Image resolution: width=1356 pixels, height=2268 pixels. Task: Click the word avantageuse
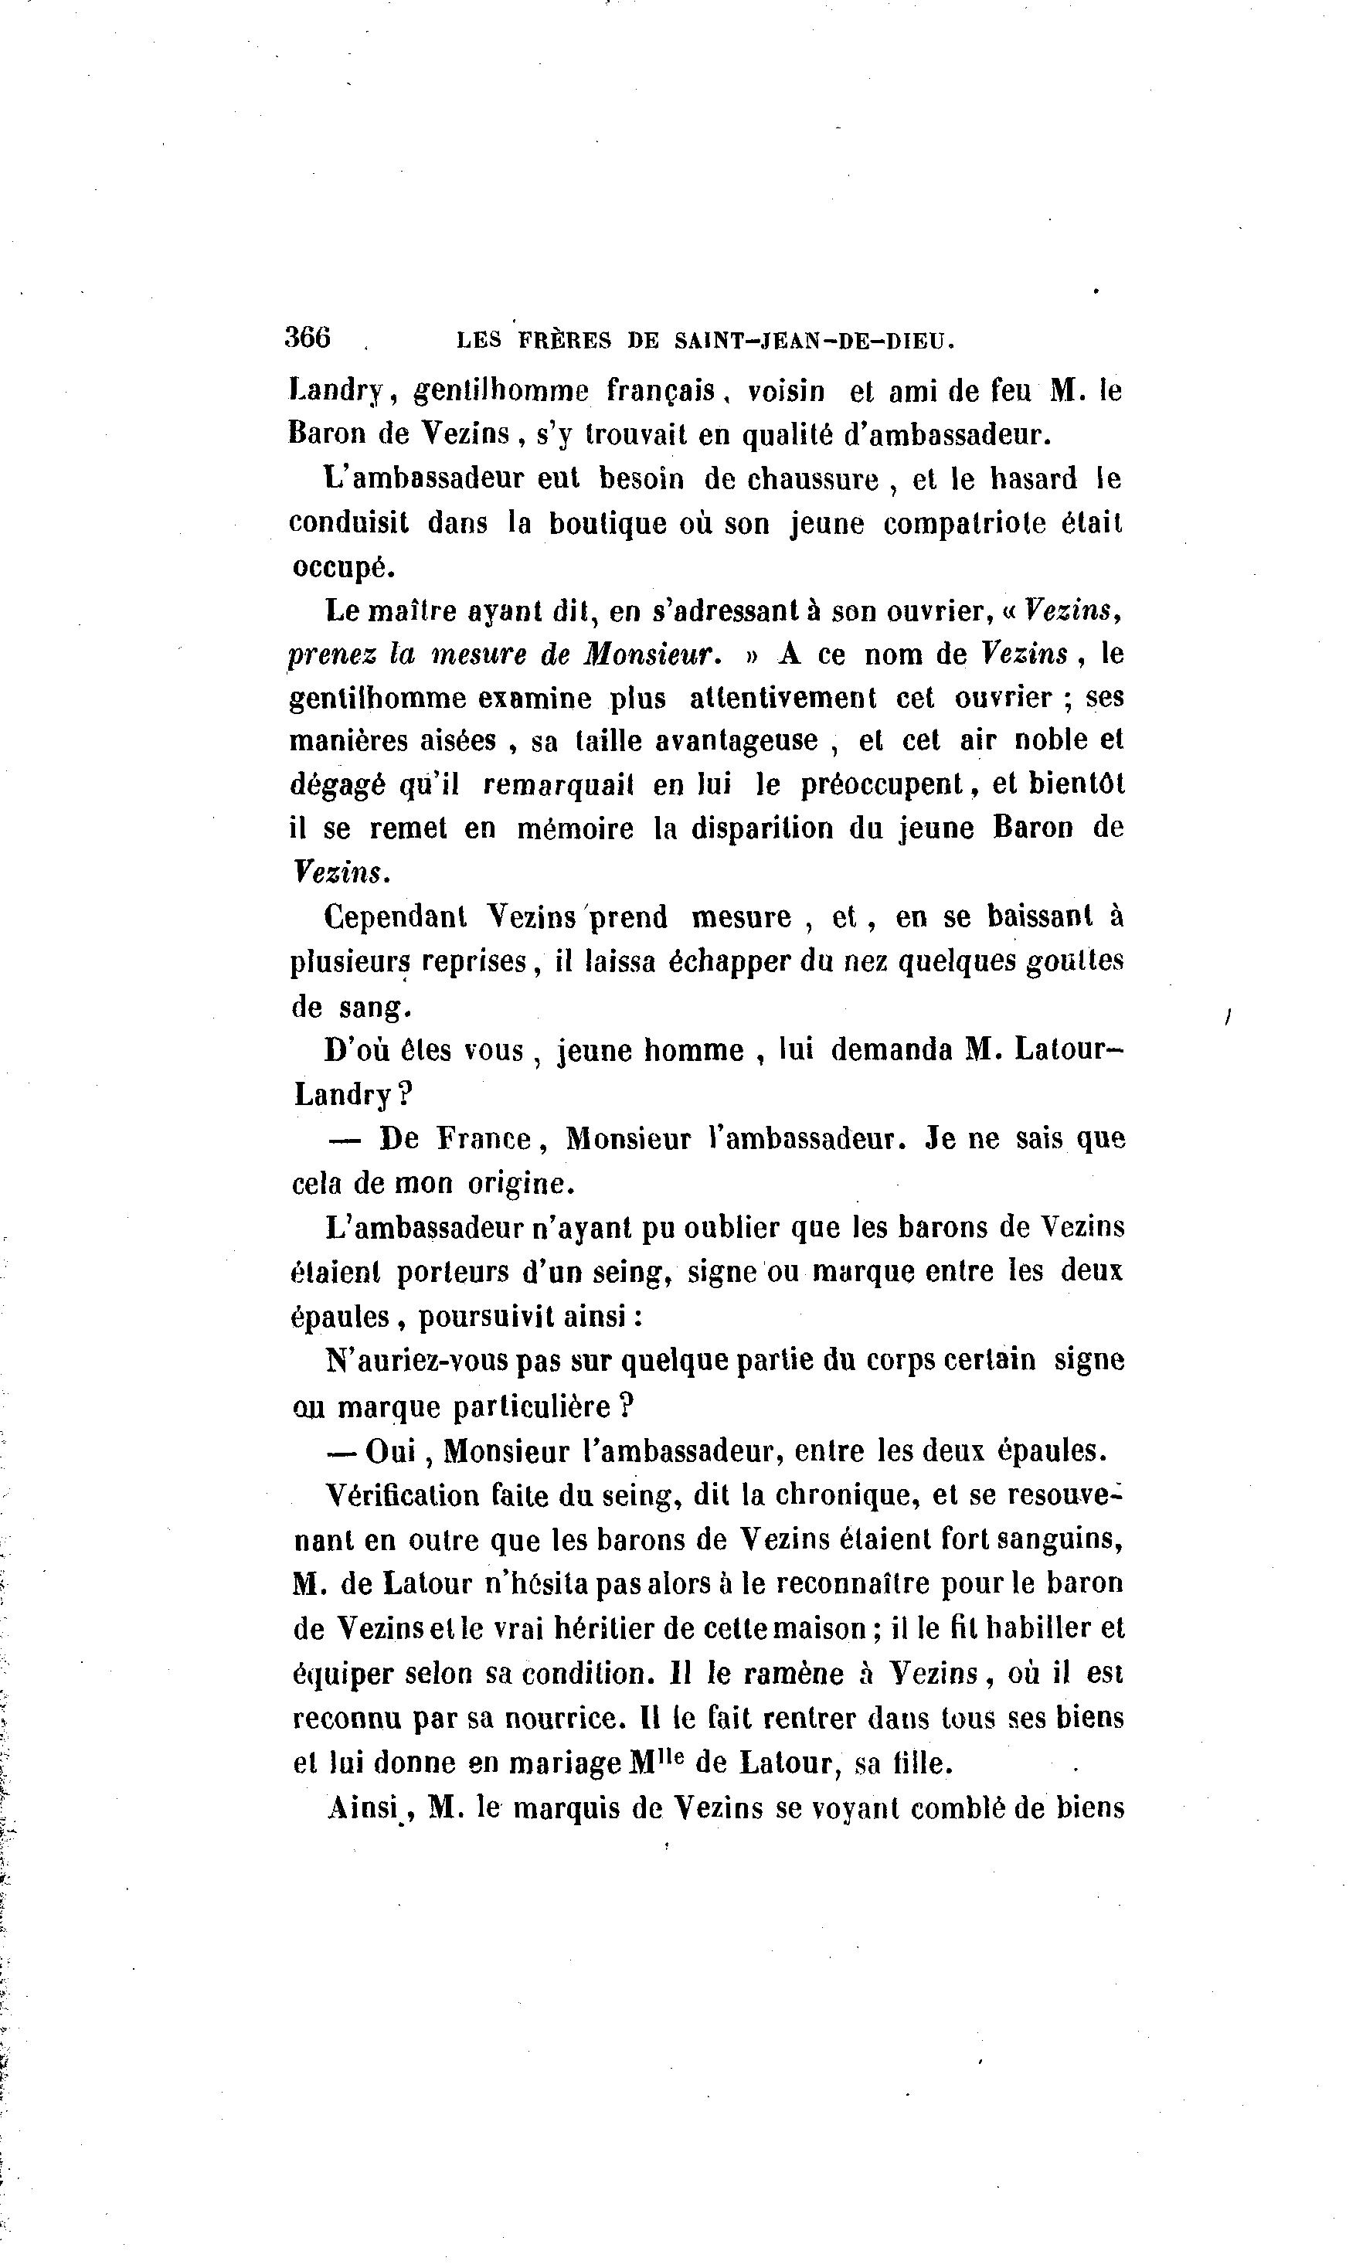click(x=736, y=740)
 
